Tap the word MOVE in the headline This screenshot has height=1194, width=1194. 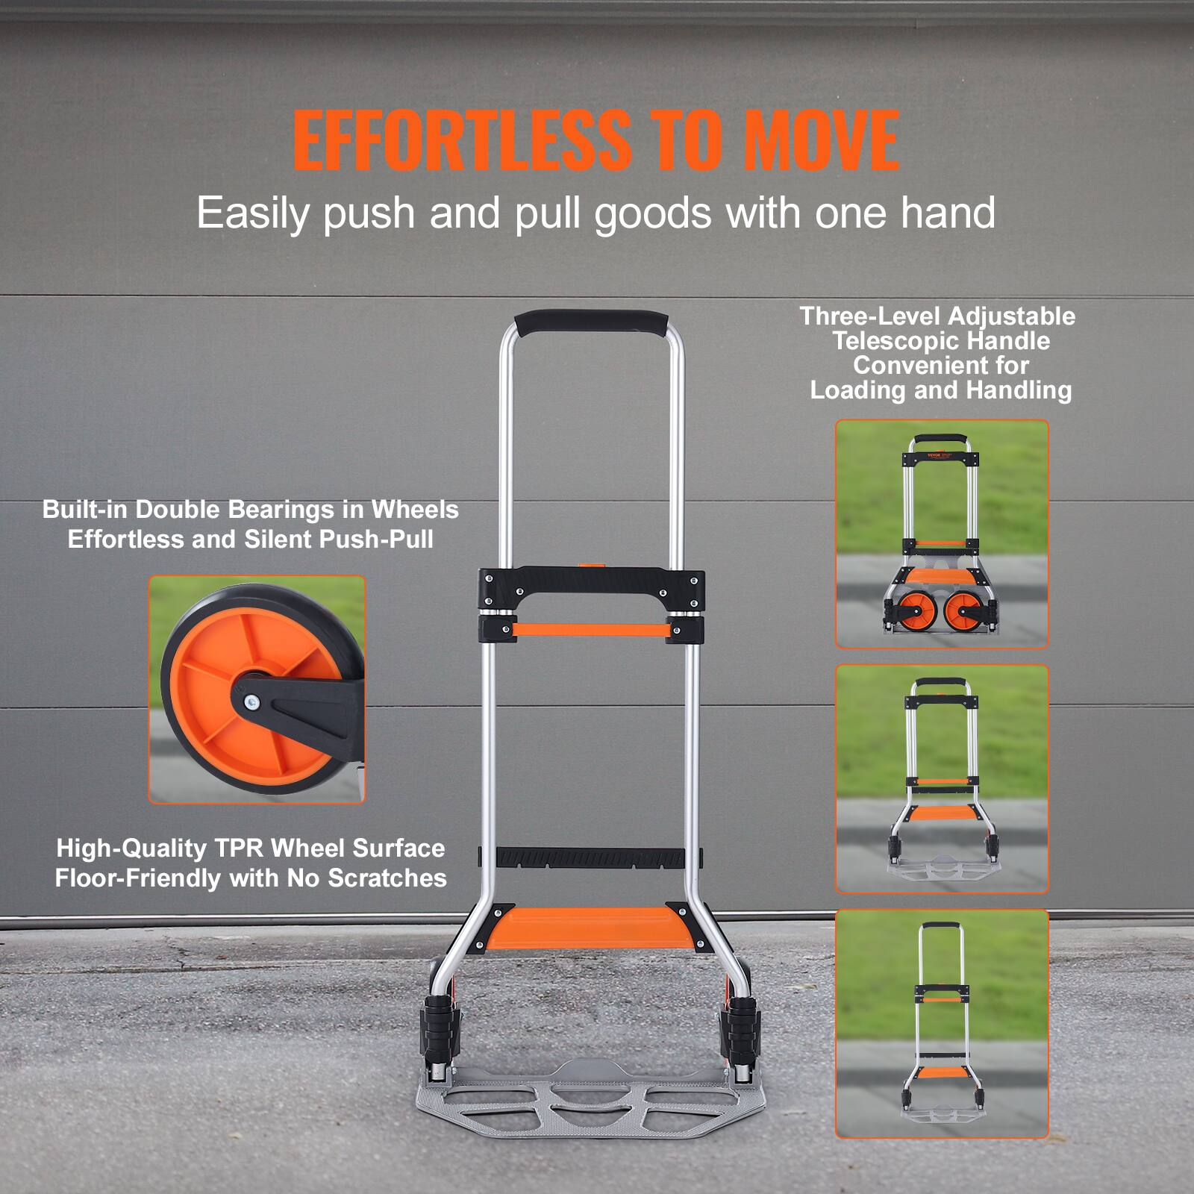tap(821, 140)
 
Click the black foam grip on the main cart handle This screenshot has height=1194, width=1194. tap(590, 322)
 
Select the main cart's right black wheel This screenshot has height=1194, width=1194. tap(742, 1030)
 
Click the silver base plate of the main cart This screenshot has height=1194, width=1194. tap(590, 1104)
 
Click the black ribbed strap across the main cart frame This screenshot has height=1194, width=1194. tap(590, 857)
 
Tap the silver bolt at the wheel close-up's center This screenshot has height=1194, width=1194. tap(252, 701)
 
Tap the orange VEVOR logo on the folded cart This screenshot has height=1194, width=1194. tap(935, 455)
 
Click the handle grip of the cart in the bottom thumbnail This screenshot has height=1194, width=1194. tap(940, 926)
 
